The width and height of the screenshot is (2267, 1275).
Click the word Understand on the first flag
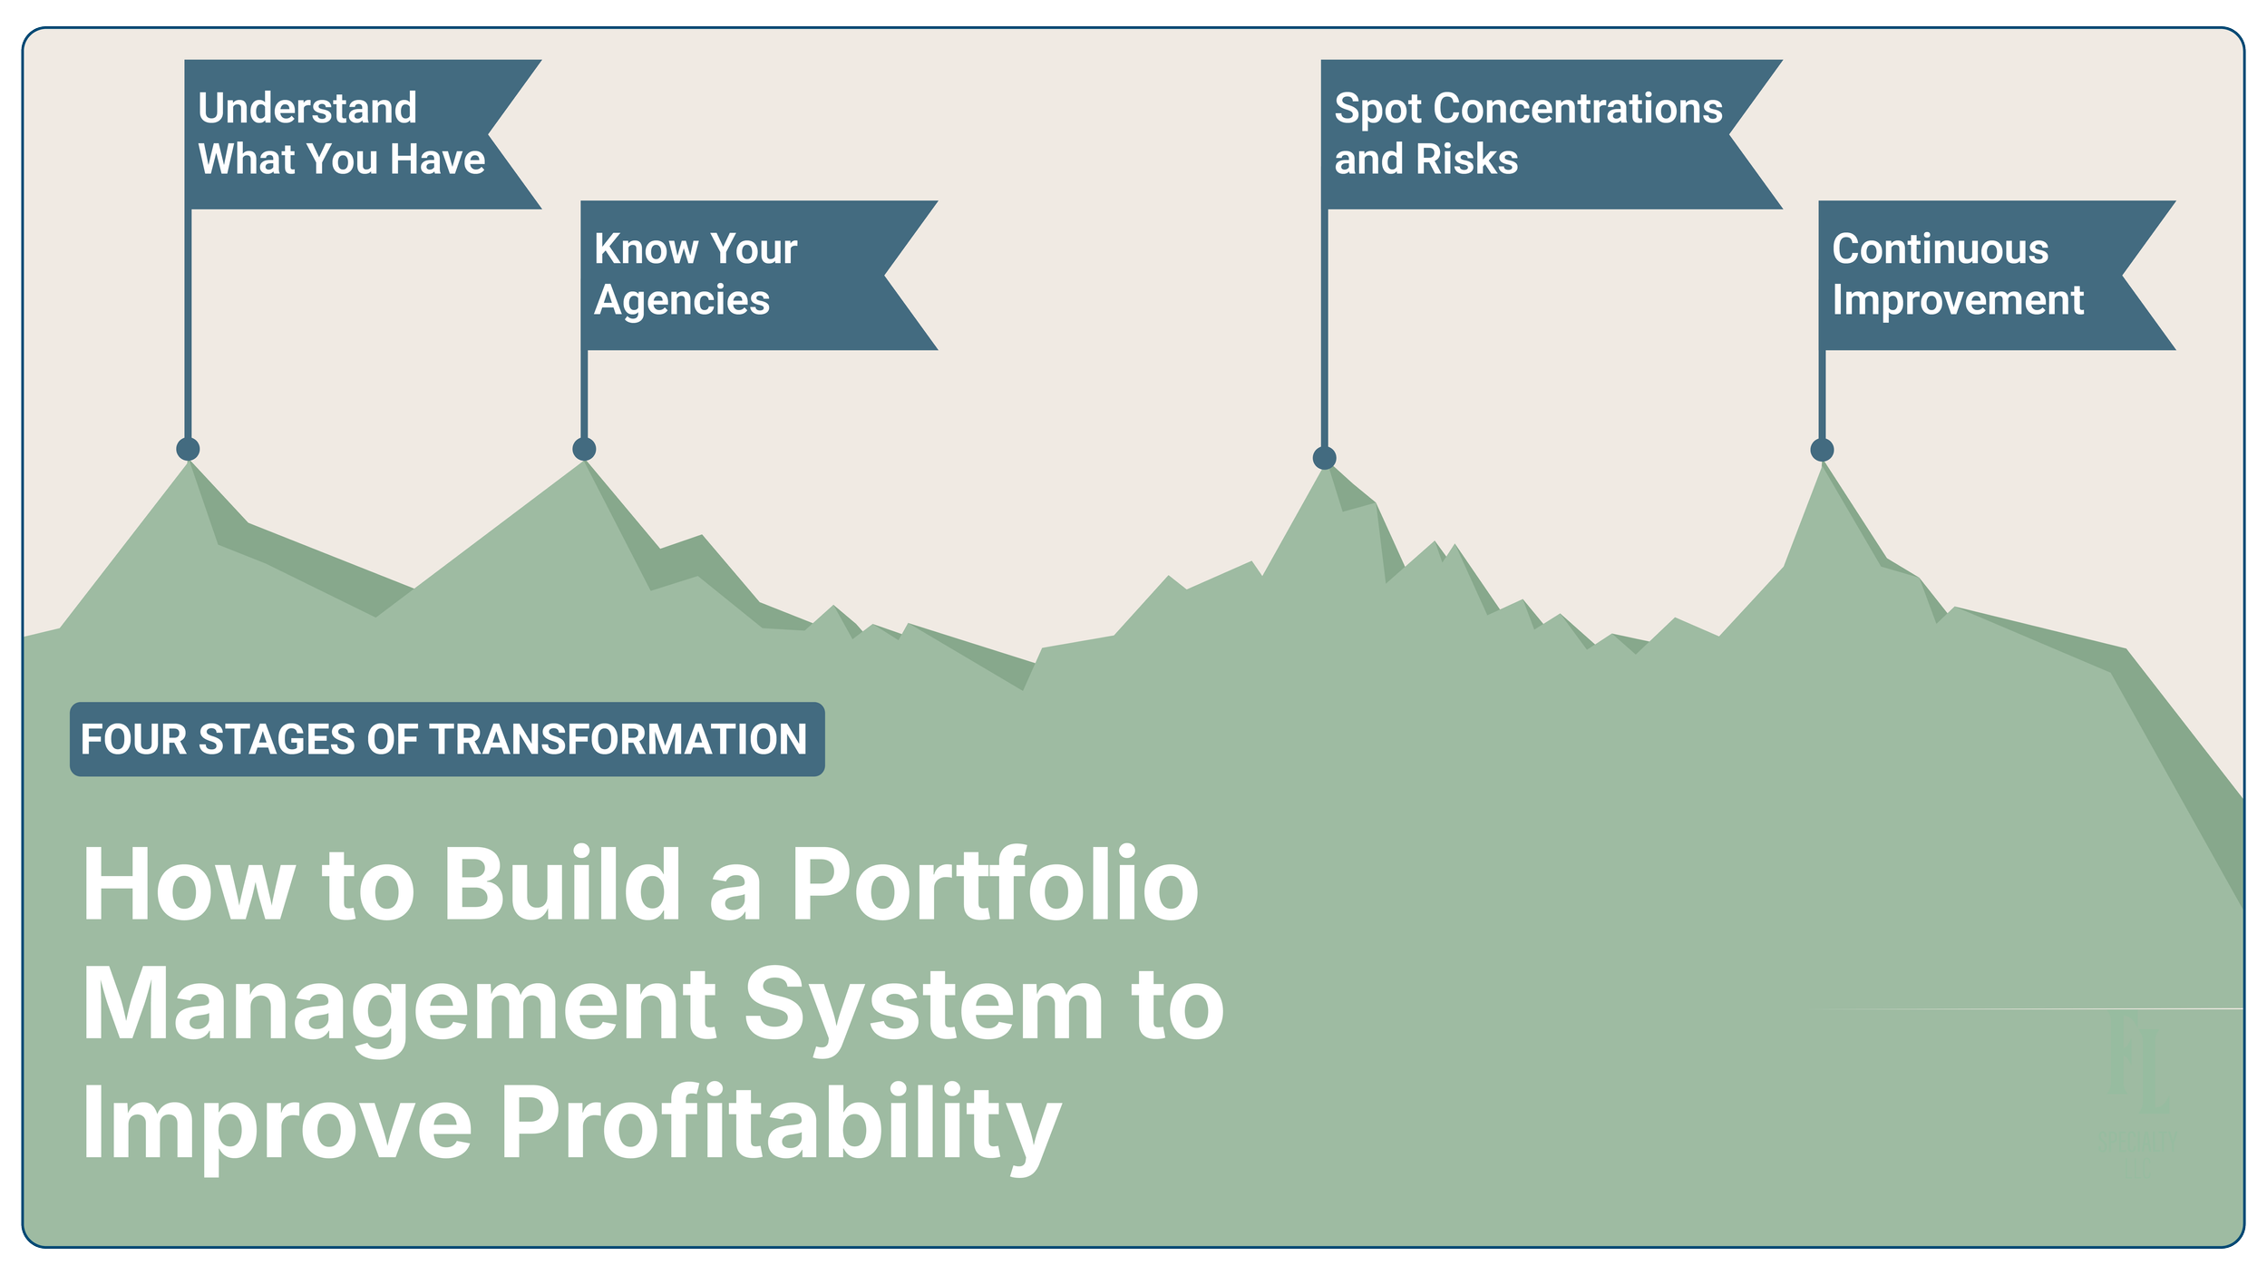307,109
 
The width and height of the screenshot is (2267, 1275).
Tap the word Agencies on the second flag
682,300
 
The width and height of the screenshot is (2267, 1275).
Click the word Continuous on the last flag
1940,249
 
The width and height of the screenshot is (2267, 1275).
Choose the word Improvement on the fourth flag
1958,300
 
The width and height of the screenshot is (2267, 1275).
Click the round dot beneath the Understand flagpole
188,448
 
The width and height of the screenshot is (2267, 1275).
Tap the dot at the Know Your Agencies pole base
584,449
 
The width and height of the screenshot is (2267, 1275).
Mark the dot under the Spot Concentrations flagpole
1324,458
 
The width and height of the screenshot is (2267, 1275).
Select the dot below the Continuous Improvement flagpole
1822,450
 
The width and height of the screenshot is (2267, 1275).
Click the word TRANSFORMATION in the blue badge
618,739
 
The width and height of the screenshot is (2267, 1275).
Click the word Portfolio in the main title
995,885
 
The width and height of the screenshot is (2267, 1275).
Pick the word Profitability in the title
780,1124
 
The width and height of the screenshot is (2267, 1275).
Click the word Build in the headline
561,885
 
